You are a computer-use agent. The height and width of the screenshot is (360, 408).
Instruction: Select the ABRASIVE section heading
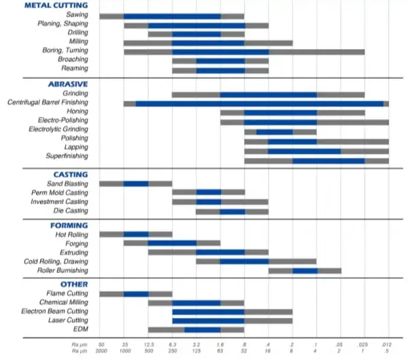click(x=67, y=83)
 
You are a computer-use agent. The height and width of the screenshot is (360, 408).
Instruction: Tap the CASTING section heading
click(x=70, y=174)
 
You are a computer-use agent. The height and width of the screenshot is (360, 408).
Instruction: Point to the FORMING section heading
click(x=69, y=225)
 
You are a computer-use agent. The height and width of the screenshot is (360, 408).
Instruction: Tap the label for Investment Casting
click(x=60, y=201)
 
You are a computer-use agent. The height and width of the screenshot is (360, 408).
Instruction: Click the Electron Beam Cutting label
click(x=58, y=311)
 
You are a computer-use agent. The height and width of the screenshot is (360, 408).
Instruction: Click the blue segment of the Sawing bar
click(x=172, y=16)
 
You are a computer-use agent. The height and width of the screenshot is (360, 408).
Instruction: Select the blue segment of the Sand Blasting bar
click(x=136, y=184)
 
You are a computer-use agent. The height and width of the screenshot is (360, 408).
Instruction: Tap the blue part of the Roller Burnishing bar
click(x=305, y=270)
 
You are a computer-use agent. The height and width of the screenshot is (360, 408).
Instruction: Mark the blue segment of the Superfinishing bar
click(x=328, y=161)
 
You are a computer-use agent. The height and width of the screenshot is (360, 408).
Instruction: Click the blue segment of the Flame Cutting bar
click(x=136, y=294)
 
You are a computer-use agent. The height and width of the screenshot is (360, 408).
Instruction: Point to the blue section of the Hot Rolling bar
click(x=136, y=235)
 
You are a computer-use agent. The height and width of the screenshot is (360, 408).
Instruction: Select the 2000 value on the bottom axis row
click(x=101, y=352)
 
